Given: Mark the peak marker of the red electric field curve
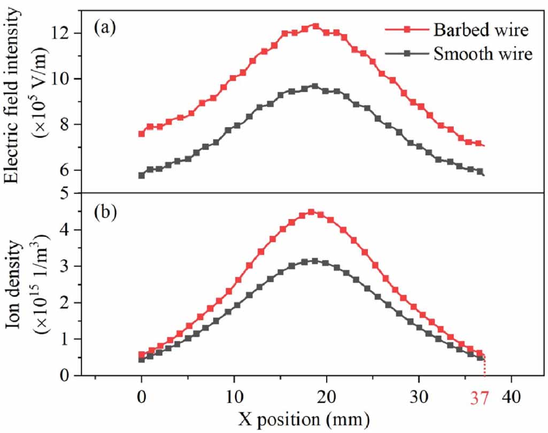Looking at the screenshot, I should (x=315, y=26).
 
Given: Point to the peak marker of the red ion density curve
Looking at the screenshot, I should (x=311, y=212).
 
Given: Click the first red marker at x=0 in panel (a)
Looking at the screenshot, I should (x=142, y=134).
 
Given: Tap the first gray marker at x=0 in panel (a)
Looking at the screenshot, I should (x=142, y=175).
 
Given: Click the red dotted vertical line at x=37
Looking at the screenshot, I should (x=485, y=366).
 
